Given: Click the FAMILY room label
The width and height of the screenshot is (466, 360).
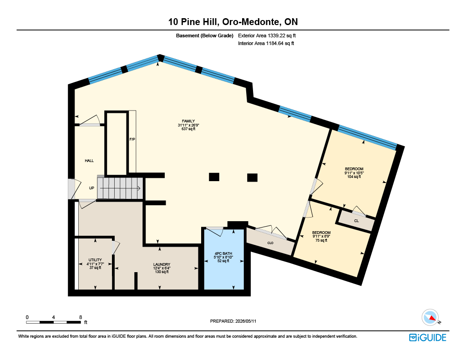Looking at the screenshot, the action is [x=188, y=121].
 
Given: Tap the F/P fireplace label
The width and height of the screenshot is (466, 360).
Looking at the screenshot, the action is [x=132, y=139].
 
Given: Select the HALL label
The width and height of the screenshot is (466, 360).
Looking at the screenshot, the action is [x=89, y=161].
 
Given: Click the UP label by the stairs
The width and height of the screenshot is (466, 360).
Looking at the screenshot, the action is [x=91, y=188].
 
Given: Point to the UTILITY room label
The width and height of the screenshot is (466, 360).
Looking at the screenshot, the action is [x=95, y=260].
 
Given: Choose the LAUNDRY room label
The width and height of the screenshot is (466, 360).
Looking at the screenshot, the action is [x=162, y=264].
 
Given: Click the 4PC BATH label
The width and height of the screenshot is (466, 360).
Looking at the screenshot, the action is [x=223, y=254].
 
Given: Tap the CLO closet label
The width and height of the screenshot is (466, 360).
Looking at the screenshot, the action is [x=270, y=243].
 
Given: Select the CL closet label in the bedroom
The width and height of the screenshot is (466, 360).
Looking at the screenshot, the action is [x=356, y=221].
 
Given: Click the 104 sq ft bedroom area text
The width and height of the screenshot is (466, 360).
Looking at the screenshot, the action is [x=354, y=177].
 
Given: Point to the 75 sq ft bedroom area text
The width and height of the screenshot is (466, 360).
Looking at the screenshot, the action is [x=321, y=240].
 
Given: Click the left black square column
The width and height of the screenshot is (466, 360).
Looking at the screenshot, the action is [x=214, y=177].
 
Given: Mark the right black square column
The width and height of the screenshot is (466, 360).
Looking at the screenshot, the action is [x=252, y=177].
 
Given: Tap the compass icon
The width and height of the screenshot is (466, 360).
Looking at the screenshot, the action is [x=431, y=318].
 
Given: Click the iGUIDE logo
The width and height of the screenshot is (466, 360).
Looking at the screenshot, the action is [x=427, y=337].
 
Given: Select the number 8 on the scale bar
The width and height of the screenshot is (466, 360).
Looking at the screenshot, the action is [x=81, y=317].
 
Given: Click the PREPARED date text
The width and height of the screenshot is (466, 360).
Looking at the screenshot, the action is [x=233, y=321].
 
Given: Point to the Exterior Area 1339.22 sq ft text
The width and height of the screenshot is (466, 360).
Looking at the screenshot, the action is [x=267, y=35].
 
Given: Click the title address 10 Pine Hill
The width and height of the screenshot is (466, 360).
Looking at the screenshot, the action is [x=194, y=22].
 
